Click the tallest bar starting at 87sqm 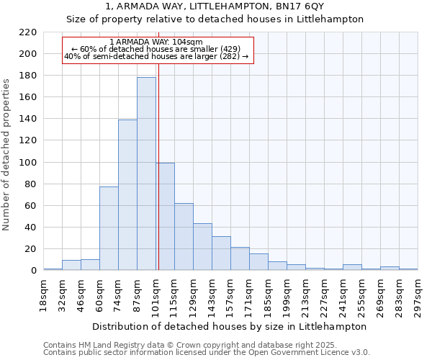click(146, 174)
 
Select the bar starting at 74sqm click(127, 194)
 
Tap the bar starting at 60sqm click(109, 228)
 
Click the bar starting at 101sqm click(165, 216)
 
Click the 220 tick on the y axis click(29, 32)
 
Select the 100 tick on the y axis click(29, 163)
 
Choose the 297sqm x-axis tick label click(418, 294)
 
